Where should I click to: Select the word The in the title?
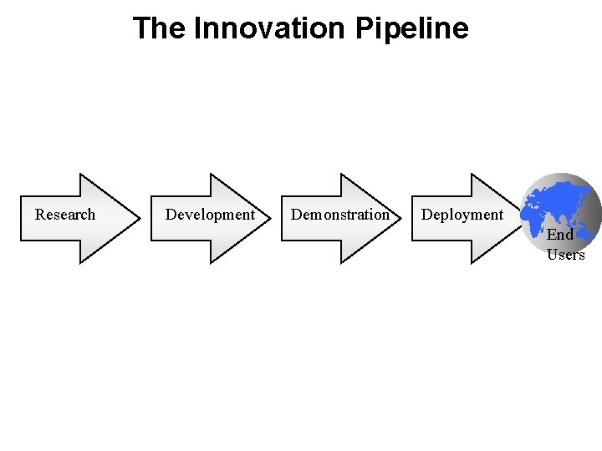[x=161, y=28]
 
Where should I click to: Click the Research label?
[x=65, y=215]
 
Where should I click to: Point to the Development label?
[x=210, y=215]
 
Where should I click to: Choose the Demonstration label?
[x=340, y=215]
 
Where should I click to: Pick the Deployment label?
[x=462, y=215]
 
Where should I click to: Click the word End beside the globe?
[x=560, y=235]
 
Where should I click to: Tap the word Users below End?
[x=566, y=255]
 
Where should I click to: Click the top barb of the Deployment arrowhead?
[x=472, y=175]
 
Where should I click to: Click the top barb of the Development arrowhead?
[x=212, y=175]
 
